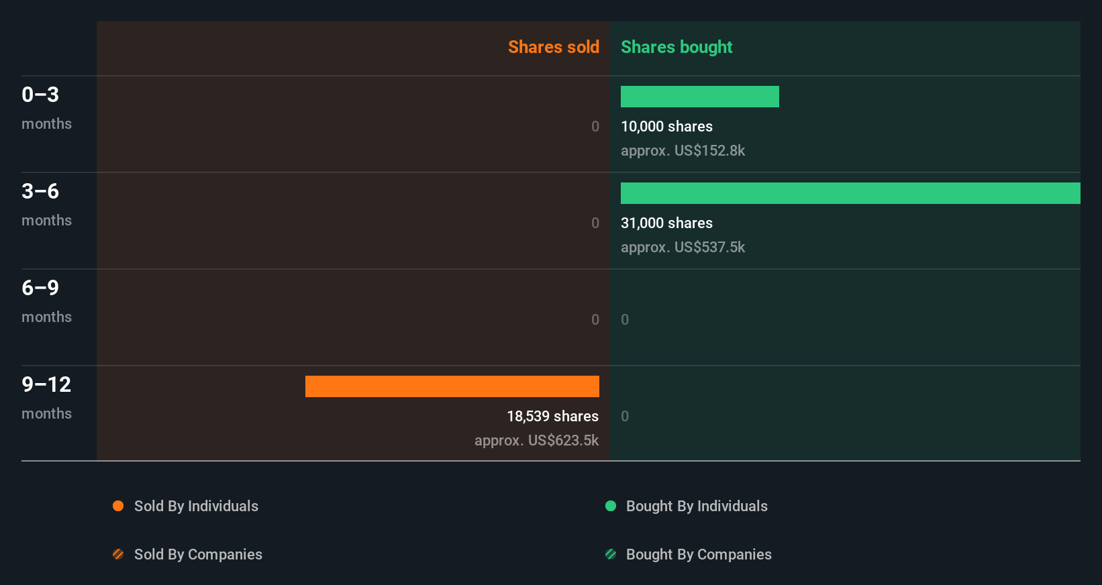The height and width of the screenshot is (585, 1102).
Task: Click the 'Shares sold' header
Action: [x=553, y=47]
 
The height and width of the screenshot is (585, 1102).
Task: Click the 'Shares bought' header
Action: [x=676, y=47]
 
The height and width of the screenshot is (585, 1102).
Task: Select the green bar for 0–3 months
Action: [x=699, y=97]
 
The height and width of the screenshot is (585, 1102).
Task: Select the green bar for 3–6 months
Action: [x=850, y=193]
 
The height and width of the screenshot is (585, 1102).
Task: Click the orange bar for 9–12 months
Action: [x=452, y=386]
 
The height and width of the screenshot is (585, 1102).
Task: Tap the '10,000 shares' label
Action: [x=666, y=126]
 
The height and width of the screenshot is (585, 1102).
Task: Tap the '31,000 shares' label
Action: [x=666, y=223]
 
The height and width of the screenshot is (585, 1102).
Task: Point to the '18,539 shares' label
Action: [x=552, y=416]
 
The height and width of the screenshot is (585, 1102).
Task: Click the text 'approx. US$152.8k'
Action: [x=683, y=150]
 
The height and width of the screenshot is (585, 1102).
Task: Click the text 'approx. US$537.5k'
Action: [x=683, y=247]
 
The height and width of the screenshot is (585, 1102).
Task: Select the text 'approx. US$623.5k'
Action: [x=536, y=440]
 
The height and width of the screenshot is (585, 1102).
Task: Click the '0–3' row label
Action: [x=40, y=95]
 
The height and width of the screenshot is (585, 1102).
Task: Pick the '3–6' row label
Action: [x=40, y=191]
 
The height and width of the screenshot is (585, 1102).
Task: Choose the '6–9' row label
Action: [x=40, y=288]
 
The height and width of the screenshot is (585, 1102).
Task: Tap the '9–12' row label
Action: [x=46, y=384]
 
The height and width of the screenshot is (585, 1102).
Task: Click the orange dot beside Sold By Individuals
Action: [x=118, y=506]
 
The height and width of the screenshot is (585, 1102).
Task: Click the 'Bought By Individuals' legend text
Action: [x=696, y=506]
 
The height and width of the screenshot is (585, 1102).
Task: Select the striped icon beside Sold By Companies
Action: [x=118, y=554]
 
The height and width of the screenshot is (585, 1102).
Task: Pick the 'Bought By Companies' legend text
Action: [x=698, y=554]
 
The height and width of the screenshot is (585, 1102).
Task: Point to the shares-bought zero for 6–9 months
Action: [x=625, y=319]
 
